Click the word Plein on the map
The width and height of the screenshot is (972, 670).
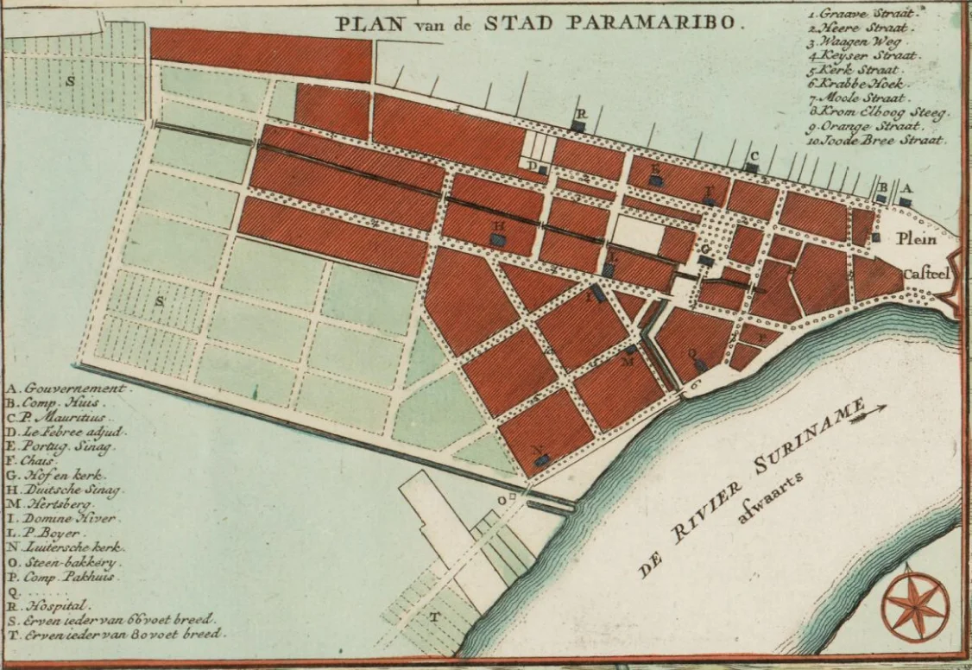(916, 239)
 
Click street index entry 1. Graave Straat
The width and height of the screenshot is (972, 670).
(863, 13)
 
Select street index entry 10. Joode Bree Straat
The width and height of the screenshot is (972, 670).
(876, 140)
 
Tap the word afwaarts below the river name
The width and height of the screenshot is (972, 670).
(771, 501)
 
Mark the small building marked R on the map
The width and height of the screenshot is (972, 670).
(579, 126)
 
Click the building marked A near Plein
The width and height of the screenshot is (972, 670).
(905, 201)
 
